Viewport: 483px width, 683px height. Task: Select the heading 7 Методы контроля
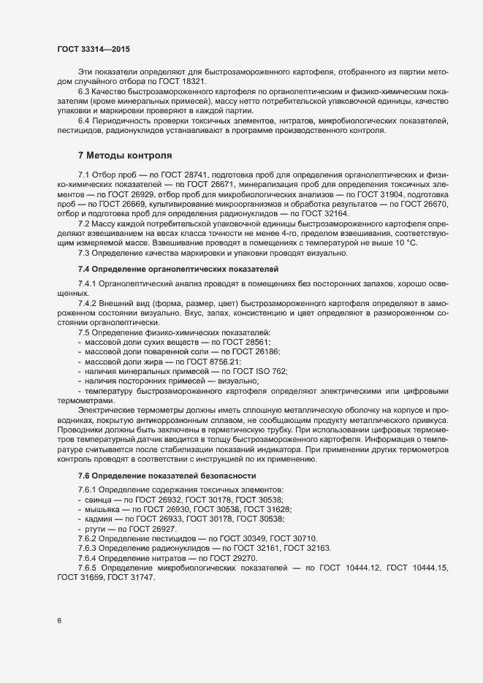[125, 156]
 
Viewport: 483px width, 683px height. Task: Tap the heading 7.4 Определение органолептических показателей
[165, 270]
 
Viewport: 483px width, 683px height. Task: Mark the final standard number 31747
[142, 576]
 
